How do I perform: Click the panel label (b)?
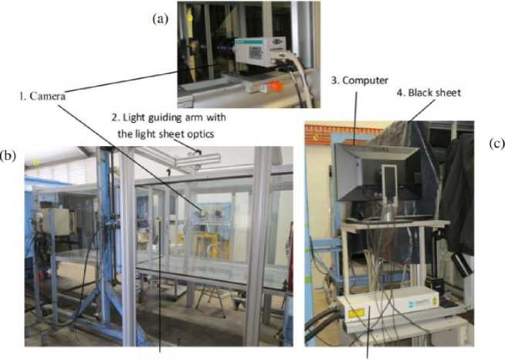click(8, 155)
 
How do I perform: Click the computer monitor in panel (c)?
click(366, 174)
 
